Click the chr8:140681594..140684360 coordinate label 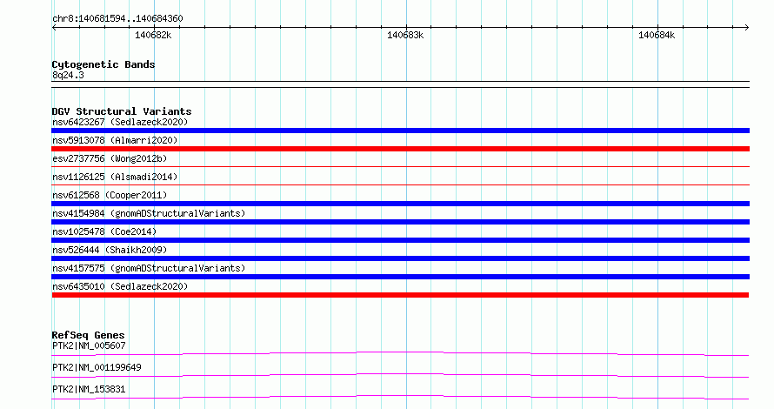[117, 19]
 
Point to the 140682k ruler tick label [153, 35]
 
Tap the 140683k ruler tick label [405, 35]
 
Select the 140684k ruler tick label [657, 35]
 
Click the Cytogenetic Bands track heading [103, 64]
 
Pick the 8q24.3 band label [68, 75]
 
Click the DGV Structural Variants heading [122, 111]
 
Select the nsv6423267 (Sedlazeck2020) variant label [120, 122]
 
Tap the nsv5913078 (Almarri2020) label [115, 140]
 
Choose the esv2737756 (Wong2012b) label [110, 158]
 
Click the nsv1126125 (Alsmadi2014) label [115, 177]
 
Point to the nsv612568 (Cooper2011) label [110, 195]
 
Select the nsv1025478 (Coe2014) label [104, 231]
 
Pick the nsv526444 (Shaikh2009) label [110, 250]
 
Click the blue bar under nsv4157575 [400, 277]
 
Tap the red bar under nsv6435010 [400, 295]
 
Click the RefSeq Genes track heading [88, 335]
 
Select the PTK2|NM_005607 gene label [89, 345]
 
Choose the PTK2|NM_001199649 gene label [97, 367]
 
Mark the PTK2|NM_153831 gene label [89, 389]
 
